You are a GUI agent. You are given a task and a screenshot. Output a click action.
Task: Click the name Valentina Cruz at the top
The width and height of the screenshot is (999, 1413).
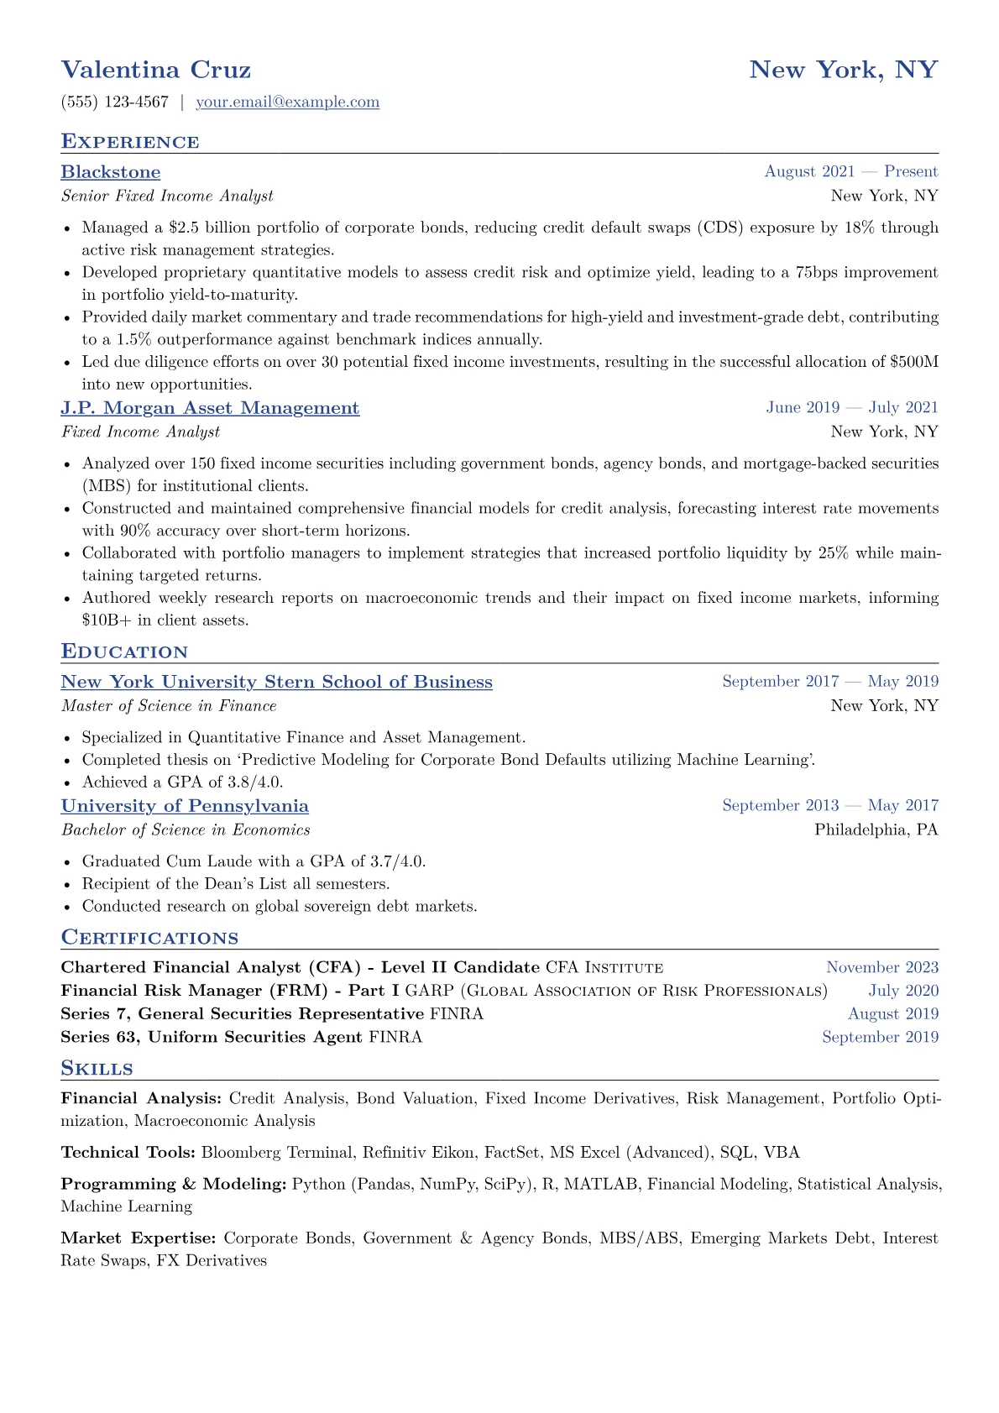(156, 70)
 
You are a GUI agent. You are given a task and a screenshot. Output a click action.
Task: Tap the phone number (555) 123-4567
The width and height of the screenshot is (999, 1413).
(115, 102)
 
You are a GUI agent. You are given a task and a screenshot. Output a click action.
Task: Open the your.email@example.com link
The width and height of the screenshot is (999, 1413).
(287, 102)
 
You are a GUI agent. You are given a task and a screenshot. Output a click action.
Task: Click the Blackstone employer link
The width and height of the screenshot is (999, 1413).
(111, 172)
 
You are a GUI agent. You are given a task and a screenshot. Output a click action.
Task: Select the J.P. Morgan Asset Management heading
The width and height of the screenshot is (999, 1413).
(210, 408)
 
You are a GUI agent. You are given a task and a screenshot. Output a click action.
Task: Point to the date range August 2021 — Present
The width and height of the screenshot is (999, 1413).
(850, 172)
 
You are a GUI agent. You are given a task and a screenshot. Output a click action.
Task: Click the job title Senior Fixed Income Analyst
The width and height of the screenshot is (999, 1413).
(167, 196)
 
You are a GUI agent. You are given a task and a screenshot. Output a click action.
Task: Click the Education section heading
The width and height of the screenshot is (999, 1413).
(124, 652)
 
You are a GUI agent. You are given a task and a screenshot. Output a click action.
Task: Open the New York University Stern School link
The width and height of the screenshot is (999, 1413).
(276, 682)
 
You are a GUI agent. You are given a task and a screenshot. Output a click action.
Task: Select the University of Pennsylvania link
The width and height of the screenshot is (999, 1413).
(185, 806)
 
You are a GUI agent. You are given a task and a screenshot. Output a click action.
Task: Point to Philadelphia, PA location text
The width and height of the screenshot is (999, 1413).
(876, 830)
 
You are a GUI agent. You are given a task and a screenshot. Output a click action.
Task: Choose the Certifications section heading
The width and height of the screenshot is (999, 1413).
(149, 938)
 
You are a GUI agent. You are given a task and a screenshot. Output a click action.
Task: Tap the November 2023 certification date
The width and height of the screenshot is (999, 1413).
(881, 968)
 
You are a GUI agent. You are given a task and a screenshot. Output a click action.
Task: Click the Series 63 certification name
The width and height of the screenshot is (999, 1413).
(212, 1038)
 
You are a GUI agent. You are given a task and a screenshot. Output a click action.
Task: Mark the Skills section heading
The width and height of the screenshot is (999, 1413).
(97, 1069)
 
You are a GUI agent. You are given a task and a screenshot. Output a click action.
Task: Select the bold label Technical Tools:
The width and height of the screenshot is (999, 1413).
(128, 1153)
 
